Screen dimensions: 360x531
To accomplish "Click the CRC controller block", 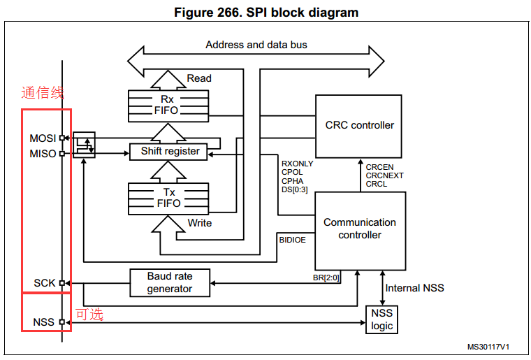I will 359,126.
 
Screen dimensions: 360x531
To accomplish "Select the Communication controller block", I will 359,229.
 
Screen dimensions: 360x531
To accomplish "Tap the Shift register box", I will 170,151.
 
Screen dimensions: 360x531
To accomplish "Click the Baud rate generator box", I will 169,282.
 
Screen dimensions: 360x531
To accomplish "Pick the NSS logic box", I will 381,320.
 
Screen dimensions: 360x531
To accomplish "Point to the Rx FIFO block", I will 169,105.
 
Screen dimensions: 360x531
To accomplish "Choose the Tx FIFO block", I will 169,197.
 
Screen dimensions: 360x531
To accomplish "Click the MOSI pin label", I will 43,138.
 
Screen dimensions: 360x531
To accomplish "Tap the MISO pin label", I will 43,153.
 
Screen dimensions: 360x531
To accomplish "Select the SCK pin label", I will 45,283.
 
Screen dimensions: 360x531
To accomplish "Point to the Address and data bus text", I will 256,45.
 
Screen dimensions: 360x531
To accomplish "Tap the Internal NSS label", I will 414,288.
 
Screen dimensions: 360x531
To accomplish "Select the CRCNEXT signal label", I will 384,175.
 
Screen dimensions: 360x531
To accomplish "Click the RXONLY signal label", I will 297,164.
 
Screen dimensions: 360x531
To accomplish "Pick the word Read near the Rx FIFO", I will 199,78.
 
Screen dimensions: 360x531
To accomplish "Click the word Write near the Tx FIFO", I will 199,223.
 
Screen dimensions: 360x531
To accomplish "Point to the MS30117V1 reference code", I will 488,346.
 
